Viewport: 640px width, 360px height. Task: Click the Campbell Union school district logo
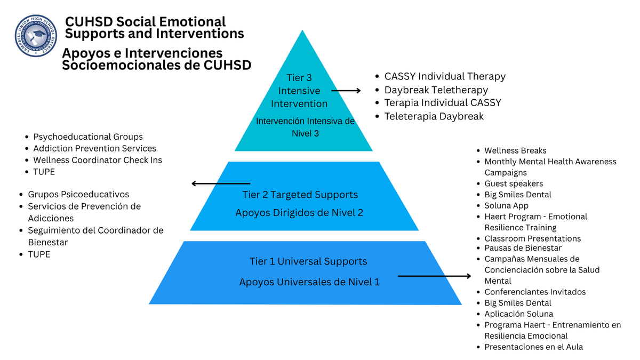click(x=36, y=36)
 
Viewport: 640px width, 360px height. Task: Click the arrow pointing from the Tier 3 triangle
click(x=346, y=91)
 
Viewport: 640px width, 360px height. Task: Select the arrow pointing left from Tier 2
click(x=221, y=184)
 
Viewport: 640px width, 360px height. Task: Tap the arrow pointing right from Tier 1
click(x=434, y=276)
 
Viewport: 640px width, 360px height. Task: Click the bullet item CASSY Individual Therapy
click(x=444, y=76)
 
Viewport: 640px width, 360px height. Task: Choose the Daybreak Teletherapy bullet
click(x=436, y=90)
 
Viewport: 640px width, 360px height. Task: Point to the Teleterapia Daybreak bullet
click(x=434, y=116)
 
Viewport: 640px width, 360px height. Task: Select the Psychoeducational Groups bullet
click(x=87, y=137)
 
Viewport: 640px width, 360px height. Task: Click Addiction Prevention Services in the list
click(x=94, y=148)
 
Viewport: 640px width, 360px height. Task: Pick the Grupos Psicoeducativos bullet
click(x=78, y=195)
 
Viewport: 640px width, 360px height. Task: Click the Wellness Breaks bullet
click(x=515, y=151)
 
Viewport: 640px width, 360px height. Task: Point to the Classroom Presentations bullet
click(x=532, y=238)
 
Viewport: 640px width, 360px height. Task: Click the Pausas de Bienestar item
click(x=523, y=248)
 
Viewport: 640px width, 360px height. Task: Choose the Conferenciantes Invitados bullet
click(x=535, y=292)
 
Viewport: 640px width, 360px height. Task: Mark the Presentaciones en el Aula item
click(x=533, y=347)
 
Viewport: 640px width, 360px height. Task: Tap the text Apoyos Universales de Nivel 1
click(x=309, y=282)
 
